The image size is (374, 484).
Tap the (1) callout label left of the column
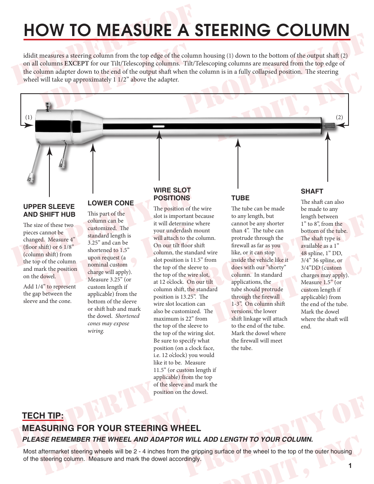(x=29, y=117)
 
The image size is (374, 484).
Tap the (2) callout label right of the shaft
(x=340, y=117)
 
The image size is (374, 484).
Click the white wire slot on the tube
(x=158, y=127)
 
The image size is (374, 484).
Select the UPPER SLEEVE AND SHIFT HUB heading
(x=49, y=210)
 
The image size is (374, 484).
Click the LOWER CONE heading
(x=111, y=203)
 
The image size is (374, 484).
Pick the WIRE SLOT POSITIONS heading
(x=172, y=194)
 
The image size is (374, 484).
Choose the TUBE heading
(x=240, y=198)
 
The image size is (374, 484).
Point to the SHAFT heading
(x=312, y=191)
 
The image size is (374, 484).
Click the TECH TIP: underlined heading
(x=43, y=416)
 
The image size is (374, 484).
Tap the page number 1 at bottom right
(x=350, y=466)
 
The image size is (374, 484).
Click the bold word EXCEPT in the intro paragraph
(x=76, y=63)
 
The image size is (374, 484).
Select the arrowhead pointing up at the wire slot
(x=159, y=135)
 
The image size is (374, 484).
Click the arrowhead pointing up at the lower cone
(x=93, y=147)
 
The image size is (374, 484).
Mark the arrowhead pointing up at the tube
(x=238, y=143)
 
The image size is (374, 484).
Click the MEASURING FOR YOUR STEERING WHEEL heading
(x=111, y=428)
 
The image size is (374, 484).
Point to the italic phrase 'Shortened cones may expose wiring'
(x=114, y=323)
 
